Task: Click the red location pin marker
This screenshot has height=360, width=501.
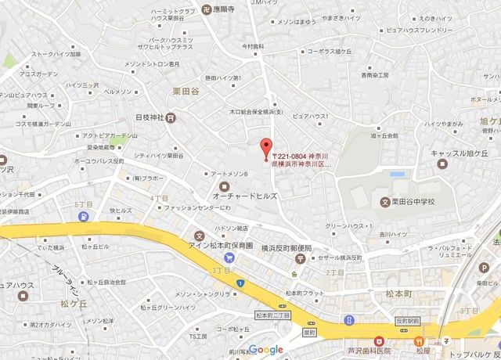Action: (x=265, y=147)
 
